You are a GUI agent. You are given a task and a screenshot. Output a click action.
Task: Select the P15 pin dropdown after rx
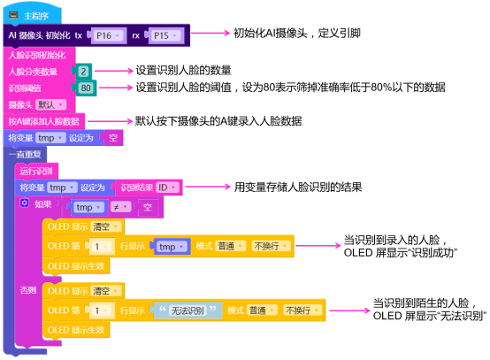tap(161, 35)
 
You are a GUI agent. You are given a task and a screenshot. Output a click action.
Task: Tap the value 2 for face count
tap(83, 71)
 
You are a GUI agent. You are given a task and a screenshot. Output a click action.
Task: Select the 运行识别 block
tap(37, 171)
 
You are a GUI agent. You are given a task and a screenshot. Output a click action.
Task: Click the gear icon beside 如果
tap(25, 204)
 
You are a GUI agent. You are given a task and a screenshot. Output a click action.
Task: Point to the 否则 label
tap(28, 290)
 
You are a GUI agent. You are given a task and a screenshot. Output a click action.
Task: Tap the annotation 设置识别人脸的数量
tap(183, 70)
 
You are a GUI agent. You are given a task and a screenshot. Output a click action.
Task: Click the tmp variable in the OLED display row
tap(167, 247)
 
